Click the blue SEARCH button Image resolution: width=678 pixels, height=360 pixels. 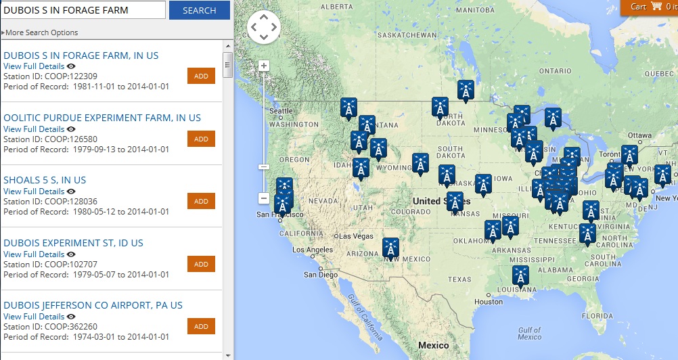(199, 10)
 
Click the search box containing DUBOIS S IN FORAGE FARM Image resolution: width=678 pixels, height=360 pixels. (83, 10)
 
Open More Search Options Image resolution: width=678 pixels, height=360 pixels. (41, 32)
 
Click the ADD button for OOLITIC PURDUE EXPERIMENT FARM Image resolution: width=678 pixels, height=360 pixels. (201, 139)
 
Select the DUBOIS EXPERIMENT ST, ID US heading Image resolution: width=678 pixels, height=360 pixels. (73, 243)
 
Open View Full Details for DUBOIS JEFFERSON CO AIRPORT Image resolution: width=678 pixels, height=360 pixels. (34, 317)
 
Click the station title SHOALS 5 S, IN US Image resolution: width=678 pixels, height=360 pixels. (45, 180)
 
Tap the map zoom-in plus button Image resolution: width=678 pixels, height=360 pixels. (264, 66)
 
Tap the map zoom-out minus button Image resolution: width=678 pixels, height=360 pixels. (264, 198)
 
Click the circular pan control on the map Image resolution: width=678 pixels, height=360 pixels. (263, 28)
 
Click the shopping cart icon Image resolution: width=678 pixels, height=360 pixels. (656, 7)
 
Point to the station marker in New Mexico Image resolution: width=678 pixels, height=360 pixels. (390, 248)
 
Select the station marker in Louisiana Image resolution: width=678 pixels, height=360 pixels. (520, 275)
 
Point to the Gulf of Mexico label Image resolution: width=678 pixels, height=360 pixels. (530, 333)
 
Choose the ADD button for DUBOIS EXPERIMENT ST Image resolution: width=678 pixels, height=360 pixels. (201, 264)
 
